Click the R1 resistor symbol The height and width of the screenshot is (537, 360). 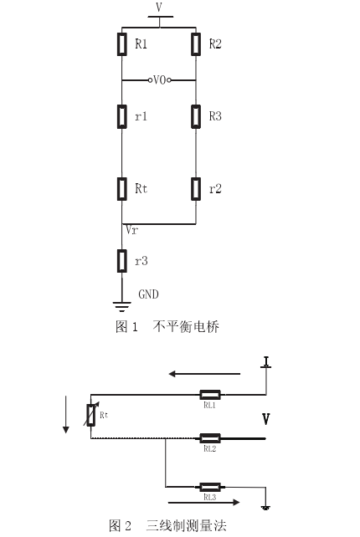click(x=121, y=43)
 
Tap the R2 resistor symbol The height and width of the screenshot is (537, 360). click(x=196, y=43)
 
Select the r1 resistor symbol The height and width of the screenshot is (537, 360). click(x=121, y=116)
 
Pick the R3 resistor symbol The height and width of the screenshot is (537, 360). click(x=196, y=116)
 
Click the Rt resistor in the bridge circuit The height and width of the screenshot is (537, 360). click(x=121, y=189)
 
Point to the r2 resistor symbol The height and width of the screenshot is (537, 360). click(x=196, y=189)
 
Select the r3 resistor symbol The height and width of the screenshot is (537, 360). click(x=121, y=261)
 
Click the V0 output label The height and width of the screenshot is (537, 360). click(x=159, y=80)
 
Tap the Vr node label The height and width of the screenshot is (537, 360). click(x=131, y=230)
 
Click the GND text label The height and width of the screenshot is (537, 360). click(x=148, y=294)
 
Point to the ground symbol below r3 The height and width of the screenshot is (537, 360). click(x=121, y=307)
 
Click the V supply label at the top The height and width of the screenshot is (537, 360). click(x=159, y=7)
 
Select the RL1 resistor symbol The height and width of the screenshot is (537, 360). click(x=210, y=395)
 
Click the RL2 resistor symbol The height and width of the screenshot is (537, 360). click(x=210, y=438)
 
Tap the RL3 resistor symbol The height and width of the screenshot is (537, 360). click(x=210, y=487)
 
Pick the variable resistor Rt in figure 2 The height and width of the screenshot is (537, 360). click(x=91, y=415)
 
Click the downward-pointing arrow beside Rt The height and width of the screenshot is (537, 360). click(x=65, y=415)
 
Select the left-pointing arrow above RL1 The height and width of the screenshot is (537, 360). click(x=204, y=374)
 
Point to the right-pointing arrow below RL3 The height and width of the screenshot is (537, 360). click(x=204, y=503)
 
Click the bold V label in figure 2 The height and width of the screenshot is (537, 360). click(x=265, y=419)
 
